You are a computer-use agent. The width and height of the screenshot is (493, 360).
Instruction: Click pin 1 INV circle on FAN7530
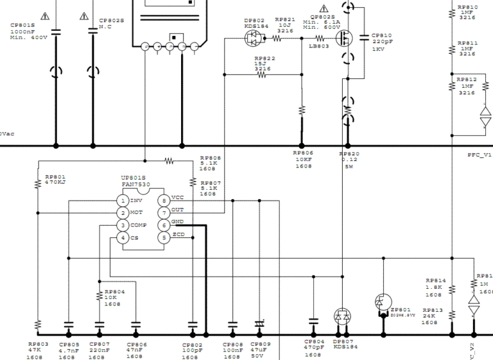click(x=122, y=201)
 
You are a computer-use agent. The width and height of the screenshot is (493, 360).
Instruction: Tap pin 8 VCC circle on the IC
click(x=164, y=201)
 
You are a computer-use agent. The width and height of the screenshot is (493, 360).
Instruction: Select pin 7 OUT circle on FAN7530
click(x=164, y=212)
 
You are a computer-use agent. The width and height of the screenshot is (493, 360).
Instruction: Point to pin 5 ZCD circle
click(x=164, y=238)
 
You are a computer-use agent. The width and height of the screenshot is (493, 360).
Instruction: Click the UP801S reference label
click(x=134, y=178)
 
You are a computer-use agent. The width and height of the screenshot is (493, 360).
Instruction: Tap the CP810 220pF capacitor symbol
click(x=366, y=37)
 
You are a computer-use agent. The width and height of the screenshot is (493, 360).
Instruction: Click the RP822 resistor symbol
click(x=262, y=74)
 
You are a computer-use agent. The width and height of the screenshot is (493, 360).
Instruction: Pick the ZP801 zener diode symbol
click(x=383, y=302)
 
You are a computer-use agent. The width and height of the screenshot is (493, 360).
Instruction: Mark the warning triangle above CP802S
click(x=84, y=15)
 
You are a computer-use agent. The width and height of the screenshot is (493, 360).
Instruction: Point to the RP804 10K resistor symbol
click(x=99, y=296)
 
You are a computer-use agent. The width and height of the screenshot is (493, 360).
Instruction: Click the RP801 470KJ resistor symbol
click(x=37, y=184)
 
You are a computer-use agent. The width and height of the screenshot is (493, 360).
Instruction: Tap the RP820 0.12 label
click(x=349, y=160)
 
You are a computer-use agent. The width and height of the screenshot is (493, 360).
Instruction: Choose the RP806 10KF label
click(x=303, y=160)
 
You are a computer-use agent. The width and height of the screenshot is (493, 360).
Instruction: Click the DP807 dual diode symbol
click(x=343, y=316)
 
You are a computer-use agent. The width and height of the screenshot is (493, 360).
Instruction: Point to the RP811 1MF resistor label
click(x=467, y=48)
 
